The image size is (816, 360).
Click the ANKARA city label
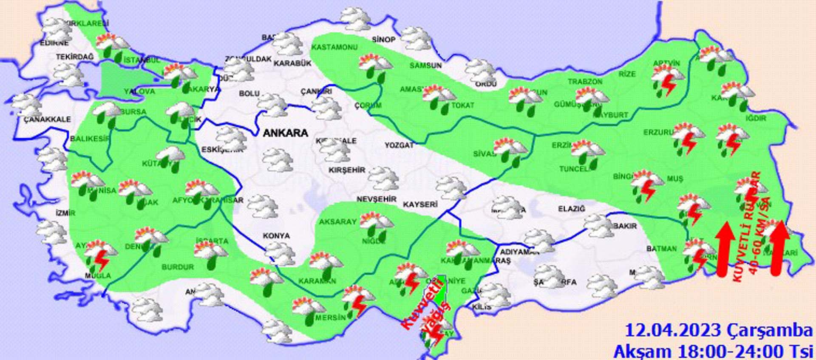(x=285, y=133)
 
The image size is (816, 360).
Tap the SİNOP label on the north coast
(x=383, y=40)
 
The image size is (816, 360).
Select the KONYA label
(x=276, y=235)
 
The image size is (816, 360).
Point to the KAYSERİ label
(x=420, y=204)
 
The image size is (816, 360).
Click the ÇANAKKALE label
(x=47, y=119)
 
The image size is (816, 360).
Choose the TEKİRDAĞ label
(x=74, y=57)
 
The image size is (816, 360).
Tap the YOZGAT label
(x=399, y=145)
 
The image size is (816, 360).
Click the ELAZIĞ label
(x=572, y=209)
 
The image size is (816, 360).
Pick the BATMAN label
(x=661, y=249)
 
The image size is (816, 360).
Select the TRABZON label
(x=585, y=82)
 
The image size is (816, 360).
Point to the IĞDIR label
(x=756, y=118)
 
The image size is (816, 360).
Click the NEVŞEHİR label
(x=376, y=199)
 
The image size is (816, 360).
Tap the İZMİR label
(x=65, y=213)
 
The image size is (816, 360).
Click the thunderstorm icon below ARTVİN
(x=667, y=81)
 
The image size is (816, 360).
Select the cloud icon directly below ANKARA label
(x=277, y=159)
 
